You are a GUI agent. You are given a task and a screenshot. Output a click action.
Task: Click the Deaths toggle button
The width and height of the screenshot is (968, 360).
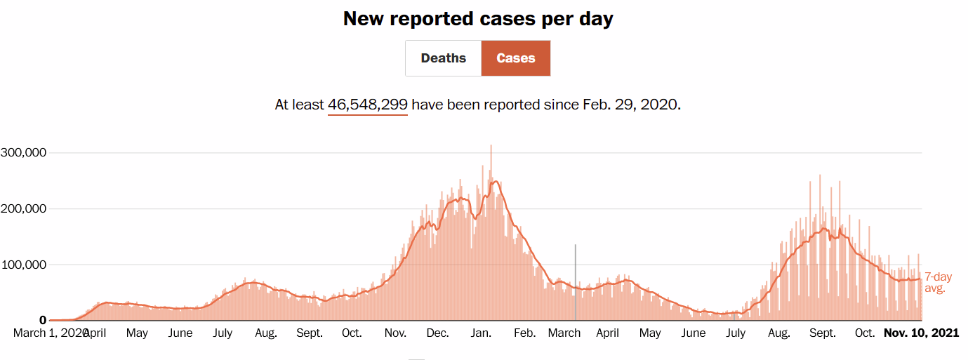(443, 58)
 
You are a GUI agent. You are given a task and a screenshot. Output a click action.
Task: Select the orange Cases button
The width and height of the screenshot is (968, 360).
(516, 58)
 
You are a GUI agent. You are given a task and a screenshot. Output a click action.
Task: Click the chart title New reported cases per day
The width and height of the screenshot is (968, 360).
(478, 19)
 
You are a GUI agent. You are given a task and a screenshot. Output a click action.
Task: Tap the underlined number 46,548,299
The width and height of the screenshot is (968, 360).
(368, 105)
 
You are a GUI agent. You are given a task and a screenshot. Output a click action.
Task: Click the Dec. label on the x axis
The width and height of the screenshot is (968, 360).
(438, 333)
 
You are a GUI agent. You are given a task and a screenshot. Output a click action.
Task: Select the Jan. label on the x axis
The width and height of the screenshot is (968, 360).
(482, 333)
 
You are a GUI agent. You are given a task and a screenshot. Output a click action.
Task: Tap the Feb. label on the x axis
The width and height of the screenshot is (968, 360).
(524, 333)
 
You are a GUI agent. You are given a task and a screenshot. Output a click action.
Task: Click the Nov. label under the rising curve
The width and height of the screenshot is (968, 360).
(396, 333)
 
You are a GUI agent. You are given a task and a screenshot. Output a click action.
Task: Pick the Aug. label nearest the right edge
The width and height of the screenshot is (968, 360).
(779, 333)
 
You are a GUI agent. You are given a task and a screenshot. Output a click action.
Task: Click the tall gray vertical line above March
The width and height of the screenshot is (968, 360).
(576, 281)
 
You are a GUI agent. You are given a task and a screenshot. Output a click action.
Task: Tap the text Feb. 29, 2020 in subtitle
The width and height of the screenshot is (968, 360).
(630, 105)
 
